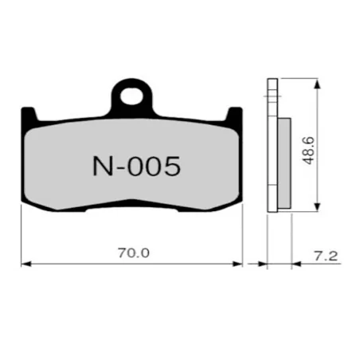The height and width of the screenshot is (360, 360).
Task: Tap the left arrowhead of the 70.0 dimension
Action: point(25,264)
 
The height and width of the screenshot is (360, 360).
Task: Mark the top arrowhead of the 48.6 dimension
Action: point(319,82)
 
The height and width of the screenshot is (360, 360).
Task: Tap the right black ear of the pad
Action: point(233,115)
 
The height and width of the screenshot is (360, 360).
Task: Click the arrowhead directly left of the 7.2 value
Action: point(297,264)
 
